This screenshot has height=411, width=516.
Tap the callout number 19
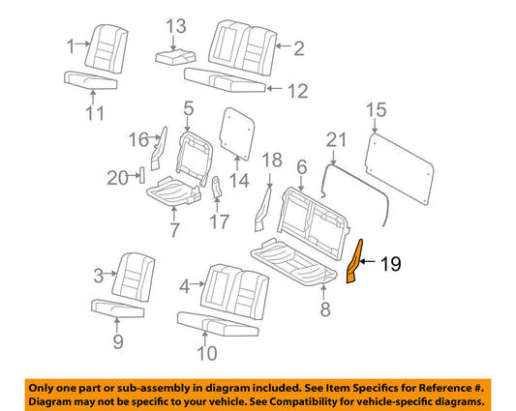click(391, 264)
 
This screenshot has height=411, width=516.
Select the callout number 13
click(176, 26)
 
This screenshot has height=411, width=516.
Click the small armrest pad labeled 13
click(176, 56)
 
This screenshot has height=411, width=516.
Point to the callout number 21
click(336, 139)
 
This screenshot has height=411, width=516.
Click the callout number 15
click(377, 110)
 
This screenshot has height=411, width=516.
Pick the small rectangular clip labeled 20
click(142, 175)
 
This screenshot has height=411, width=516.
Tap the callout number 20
click(118, 179)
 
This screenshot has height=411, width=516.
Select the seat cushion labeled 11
click(90, 80)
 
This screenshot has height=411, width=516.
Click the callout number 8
click(325, 309)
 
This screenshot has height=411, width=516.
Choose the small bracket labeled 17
click(216, 188)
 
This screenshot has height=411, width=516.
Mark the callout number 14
click(239, 180)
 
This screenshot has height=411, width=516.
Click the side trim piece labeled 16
click(159, 149)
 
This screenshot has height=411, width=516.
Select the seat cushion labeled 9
click(117, 308)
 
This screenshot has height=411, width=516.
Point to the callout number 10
click(206, 354)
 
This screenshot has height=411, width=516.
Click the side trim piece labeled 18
click(263, 209)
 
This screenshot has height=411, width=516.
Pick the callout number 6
click(302, 167)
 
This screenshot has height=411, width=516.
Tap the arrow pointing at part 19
click(368, 262)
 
